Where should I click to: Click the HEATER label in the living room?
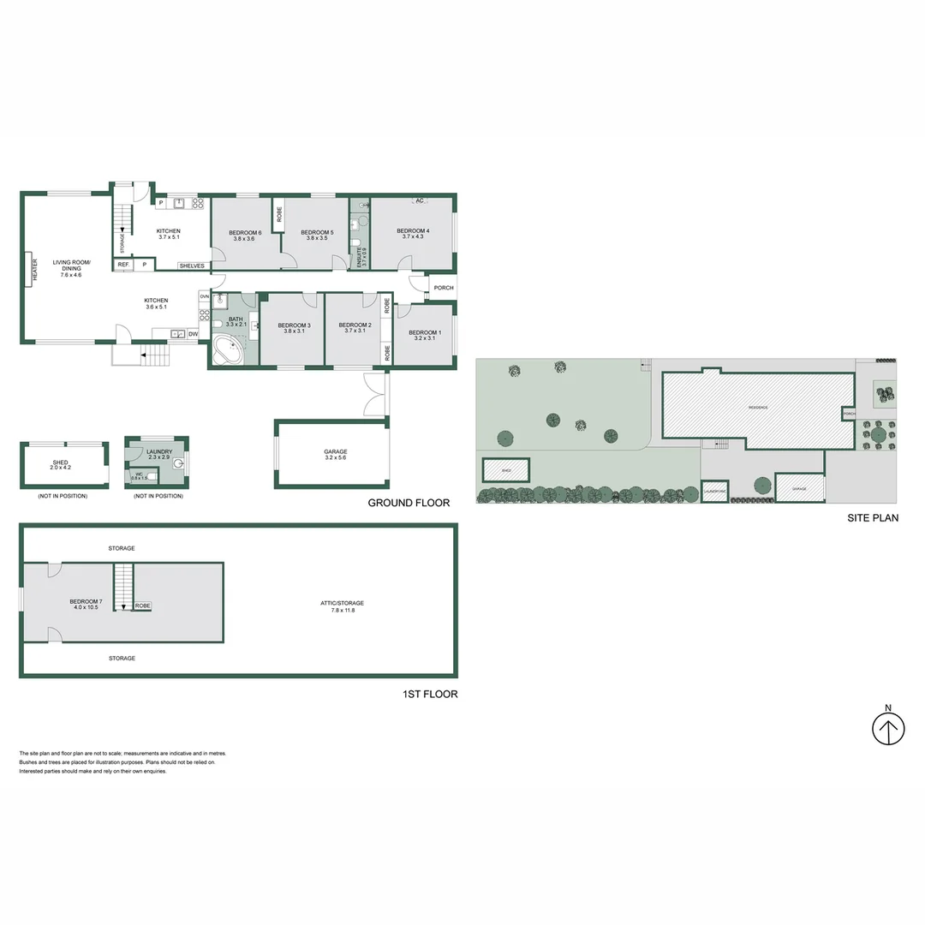point(35,270)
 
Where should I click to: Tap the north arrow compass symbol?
point(888,730)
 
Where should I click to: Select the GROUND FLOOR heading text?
point(409,503)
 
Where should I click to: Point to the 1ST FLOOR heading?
point(430,694)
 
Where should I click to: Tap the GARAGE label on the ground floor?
point(335,451)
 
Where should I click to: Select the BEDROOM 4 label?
point(413,231)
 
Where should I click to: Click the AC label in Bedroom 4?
point(419,201)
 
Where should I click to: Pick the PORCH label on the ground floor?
point(443,288)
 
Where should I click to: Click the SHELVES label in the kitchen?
point(191,266)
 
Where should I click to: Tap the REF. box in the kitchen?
point(124,266)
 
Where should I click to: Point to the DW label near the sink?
point(193,334)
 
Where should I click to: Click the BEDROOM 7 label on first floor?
point(86,602)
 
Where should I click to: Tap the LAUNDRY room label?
point(159,451)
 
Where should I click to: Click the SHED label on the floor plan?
point(61,462)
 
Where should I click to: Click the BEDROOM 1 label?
point(425,332)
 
